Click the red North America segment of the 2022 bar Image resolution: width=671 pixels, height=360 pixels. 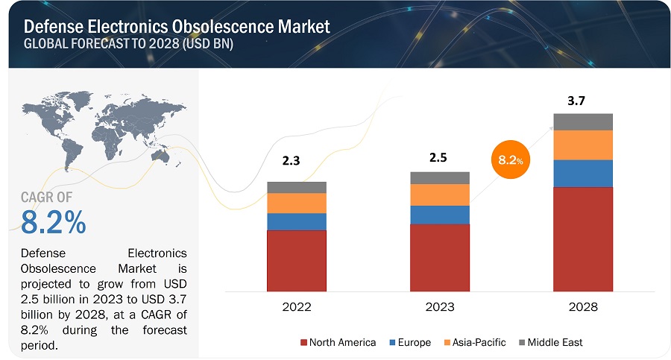[297, 260]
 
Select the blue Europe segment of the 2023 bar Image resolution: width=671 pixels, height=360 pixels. [440, 215]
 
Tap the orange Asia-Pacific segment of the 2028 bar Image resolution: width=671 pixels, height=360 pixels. [583, 145]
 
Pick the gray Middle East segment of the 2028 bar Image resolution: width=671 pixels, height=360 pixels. [583, 121]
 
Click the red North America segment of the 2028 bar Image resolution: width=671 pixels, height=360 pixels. [583, 239]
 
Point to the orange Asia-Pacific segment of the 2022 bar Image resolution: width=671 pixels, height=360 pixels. [297, 203]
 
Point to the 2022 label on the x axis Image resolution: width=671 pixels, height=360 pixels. [297, 306]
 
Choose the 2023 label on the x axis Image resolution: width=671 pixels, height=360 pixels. [440, 306]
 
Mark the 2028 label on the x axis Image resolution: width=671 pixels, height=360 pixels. [583, 306]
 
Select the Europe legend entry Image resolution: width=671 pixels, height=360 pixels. [409, 342]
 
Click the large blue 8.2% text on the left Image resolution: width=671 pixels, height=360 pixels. [54, 222]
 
